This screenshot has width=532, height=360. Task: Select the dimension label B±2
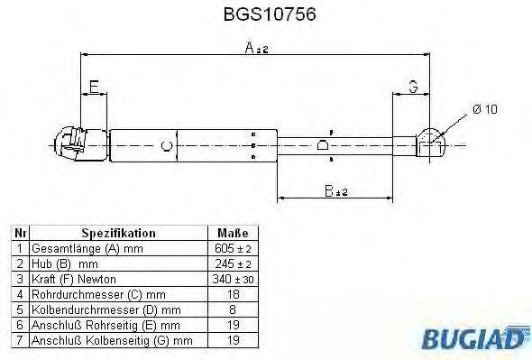tap(335, 189)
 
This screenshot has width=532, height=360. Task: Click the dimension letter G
tap(412, 88)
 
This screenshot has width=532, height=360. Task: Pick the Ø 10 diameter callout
tap(484, 109)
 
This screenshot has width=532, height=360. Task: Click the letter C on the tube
tap(165, 144)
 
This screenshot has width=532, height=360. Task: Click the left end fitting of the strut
tap(69, 143)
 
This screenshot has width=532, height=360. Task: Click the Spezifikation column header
tap(118, 233)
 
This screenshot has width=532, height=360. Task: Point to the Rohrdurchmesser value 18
tap(233, 294)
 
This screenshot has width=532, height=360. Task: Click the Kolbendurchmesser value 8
tap(233, 309)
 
